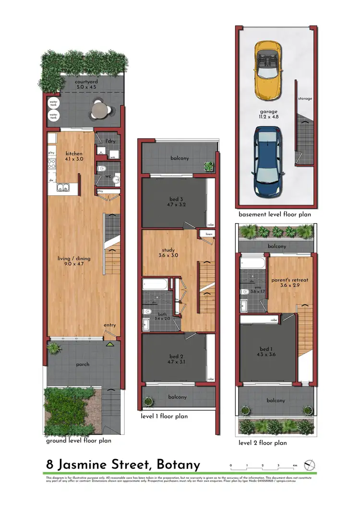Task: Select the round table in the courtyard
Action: pos(98,110)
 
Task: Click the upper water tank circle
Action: pos(54,103)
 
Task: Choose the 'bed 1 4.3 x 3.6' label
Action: pos(267,352)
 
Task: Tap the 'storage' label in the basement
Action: pos(305,99)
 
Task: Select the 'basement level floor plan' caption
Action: pos(275,214)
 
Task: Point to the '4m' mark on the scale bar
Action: pos(296,466)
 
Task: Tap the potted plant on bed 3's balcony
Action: pos(209,166)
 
